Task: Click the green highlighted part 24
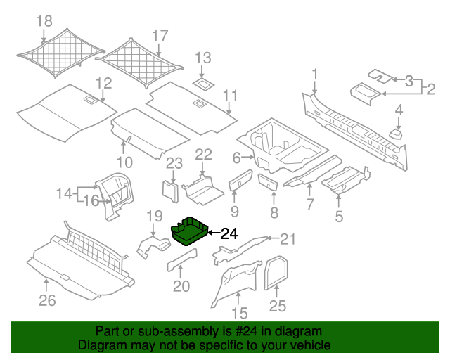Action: (188, 231)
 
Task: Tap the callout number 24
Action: (229, 234)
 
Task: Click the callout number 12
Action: (103, 84)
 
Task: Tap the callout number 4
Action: (399, 110)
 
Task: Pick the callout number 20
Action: (181, 286)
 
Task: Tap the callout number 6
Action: (236, 157)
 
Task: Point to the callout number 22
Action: (203, 155)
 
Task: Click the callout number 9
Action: (235, 212)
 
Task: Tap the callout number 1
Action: (316, 73)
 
